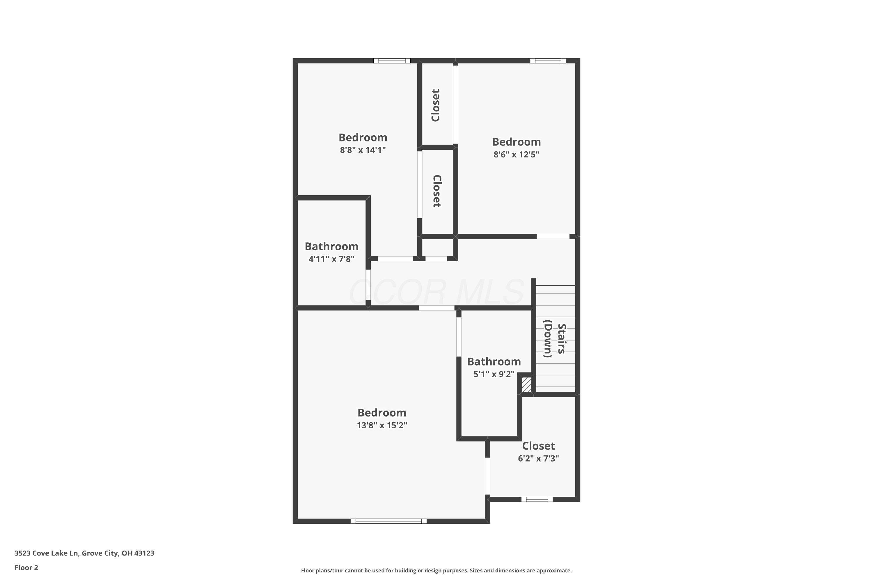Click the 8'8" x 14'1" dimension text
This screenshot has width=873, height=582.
click(x=363, y=150)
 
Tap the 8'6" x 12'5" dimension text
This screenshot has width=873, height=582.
click(x=516, y=155)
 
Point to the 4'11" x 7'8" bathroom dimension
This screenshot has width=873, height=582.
click(x=331, y=259)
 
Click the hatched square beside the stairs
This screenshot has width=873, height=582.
click(x=526, y=384)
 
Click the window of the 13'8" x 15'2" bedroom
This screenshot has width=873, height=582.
click(x=388, y=521)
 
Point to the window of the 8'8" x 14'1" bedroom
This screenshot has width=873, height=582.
click(x=392, y=61)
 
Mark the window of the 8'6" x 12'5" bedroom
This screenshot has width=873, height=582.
click(x=548, y=61)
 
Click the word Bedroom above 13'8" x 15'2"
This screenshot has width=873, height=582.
click(x=382, y=412)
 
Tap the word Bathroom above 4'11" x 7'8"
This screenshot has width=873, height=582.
click(x=331, y=246)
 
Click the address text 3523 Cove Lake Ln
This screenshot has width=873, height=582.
click(x=46, y=553)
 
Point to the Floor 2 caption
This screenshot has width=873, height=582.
click(x=26, y=567)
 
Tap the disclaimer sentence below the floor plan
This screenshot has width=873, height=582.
click(x=436, y=570)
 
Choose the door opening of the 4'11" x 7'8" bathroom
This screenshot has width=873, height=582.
click(x=368, y=284)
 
